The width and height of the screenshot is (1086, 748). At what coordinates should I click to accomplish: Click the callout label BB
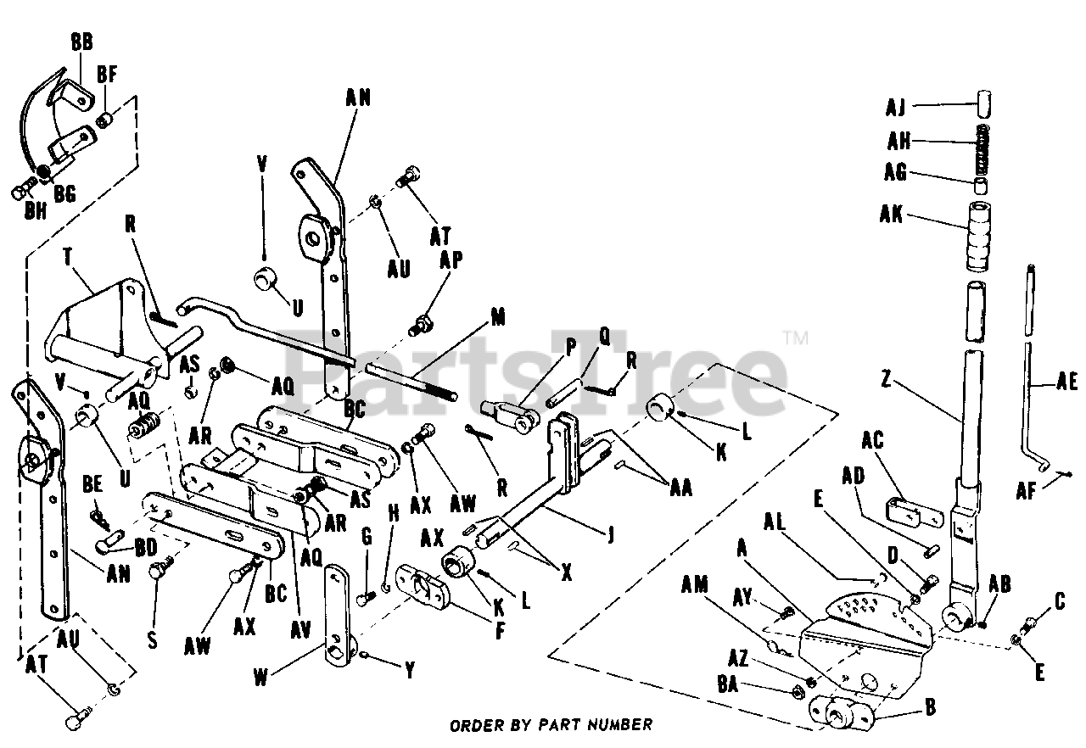pyautogui.click(x=83, y=43)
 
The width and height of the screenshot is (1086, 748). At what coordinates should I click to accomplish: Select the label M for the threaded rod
pyautogui.click(x=497, y=318)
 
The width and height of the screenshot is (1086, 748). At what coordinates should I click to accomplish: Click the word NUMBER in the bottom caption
pyautogui.click(x=619, y=724)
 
